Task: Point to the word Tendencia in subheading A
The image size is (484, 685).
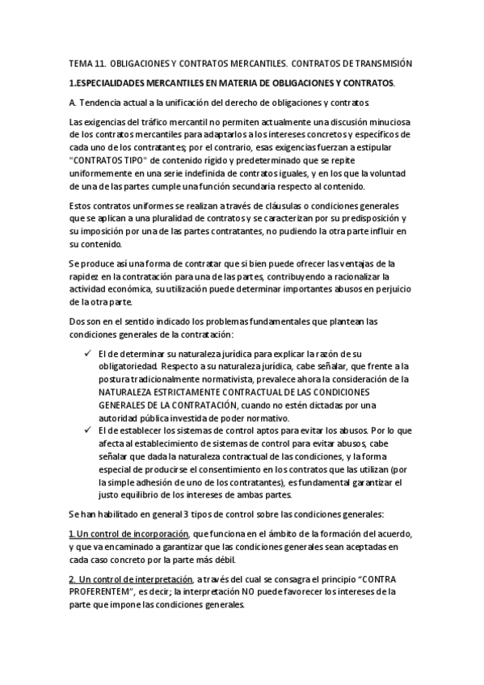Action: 101,103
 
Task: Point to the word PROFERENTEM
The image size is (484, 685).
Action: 102,592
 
